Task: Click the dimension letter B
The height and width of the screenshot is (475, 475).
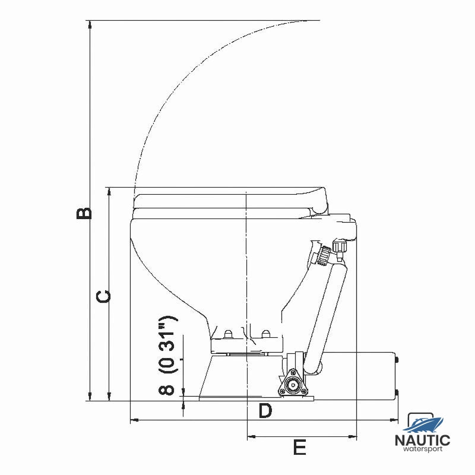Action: (x=84, y=213)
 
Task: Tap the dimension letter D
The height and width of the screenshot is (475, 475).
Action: (x=265, y=411)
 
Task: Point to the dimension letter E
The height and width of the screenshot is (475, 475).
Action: (x=300, y=447)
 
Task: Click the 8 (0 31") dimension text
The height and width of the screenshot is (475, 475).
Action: (x=167, y=355)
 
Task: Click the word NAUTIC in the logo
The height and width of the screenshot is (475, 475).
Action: (x=423, y=441)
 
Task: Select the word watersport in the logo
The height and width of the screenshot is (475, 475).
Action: (x=423, y=449)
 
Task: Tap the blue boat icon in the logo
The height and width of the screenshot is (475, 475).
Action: (x=423, y=423)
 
